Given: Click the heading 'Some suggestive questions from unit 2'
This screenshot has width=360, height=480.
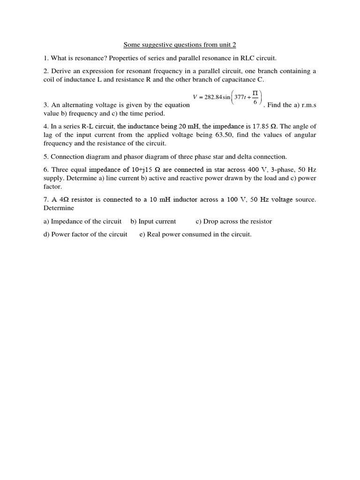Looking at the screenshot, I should click(x=180, y=45).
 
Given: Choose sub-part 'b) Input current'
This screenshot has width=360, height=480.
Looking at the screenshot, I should click(x=153, y=221).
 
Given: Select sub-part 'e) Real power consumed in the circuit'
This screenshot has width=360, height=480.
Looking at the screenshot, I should click(x=195, y=234).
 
